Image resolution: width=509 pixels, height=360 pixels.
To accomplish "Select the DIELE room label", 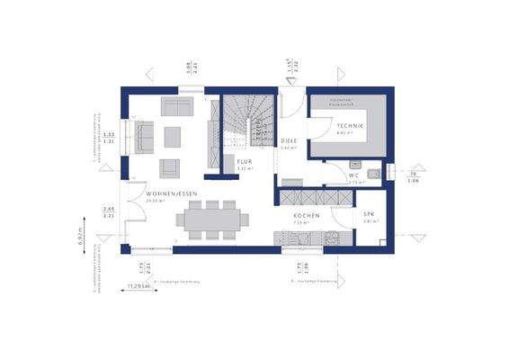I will tap(288, 141).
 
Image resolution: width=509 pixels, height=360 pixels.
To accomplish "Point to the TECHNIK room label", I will tap(350, 126).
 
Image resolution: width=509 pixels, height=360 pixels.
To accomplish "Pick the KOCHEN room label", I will tap(306, 217).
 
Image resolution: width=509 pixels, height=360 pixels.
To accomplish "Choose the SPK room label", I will tap(369, 214).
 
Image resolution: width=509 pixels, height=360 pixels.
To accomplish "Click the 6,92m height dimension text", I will tap(80, 237).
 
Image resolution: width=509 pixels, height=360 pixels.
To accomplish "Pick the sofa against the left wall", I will tap(143, 137).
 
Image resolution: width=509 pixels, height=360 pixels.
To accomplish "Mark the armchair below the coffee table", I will tap(169, 166).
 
